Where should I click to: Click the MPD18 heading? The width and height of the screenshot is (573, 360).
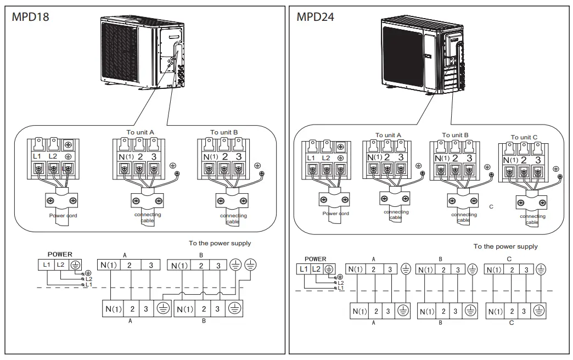click(x=31, y=16)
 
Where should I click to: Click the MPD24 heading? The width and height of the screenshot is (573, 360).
click(x=316, y=16)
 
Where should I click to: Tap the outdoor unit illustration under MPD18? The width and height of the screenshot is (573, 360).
click(x=143, y=52)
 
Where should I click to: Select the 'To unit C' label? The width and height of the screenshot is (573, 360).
click(x=524, y=137)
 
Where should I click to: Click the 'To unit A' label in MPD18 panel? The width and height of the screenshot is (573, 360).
click(x=141, y=132)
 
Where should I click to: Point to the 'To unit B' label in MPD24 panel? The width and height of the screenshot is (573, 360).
click(x=456, y=135)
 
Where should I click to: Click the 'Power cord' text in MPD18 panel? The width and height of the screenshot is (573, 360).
click(x=63, y=216)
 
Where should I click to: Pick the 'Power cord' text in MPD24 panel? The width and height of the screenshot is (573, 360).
click(x=336, y=213)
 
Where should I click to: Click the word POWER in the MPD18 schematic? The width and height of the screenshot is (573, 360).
click(x=60, y=255)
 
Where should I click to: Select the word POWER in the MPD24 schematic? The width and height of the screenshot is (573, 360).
click(x=315, y=259)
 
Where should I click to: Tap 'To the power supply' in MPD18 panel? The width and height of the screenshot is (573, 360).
click(x=220, y=243)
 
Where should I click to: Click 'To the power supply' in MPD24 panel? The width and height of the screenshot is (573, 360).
click(x=505, y=246)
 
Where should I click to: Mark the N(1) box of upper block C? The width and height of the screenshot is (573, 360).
click(x=495, y=269)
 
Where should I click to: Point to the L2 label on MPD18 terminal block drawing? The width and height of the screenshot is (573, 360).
click(x=53, y=156)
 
